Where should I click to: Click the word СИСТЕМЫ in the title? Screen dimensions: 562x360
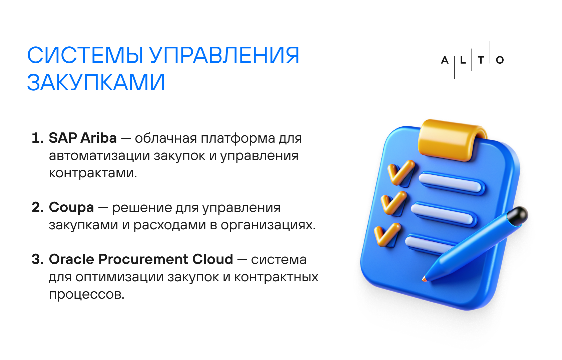(x=85, y=55)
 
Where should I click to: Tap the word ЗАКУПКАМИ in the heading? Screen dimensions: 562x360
(x=96, y=82)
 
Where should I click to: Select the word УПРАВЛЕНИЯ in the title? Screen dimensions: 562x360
(x=224, y=55)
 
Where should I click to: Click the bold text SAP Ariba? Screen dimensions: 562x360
(x=83, y=138)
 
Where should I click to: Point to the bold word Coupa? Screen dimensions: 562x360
(x=71, y=208)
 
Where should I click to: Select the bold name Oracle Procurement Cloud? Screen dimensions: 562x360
(x=141, y=259)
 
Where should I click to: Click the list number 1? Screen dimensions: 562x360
(x=38, y=138)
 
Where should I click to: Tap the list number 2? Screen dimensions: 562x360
(x=38, y=208)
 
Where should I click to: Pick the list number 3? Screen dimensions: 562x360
(x=38, y=259)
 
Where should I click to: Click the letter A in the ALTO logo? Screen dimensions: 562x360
(x=445, y=60)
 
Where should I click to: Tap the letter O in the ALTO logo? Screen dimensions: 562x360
(x=500, y=60)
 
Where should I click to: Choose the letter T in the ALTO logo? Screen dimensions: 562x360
(x=481, y=60)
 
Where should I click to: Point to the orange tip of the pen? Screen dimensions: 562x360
(x=424, y=279)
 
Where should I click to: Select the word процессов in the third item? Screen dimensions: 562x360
(x=86, y=295)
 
